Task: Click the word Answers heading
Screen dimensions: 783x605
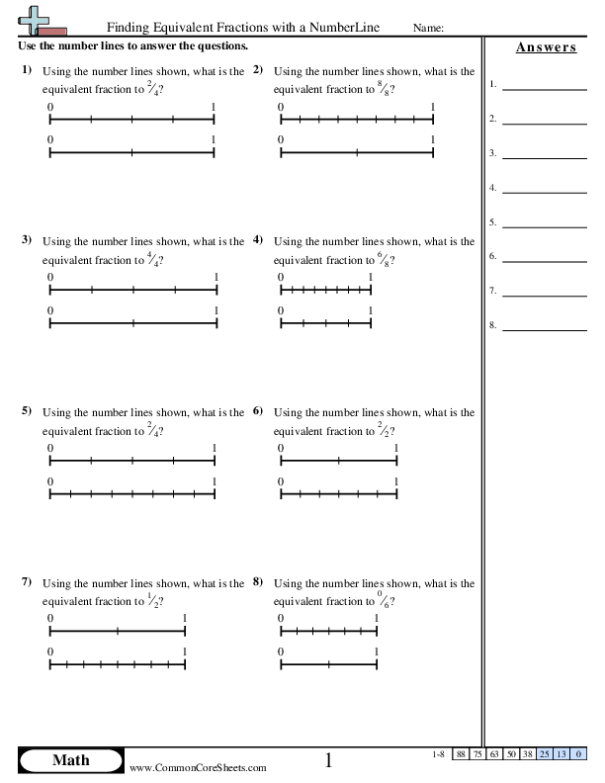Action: click(546, 47)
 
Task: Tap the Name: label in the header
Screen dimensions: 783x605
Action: click(428, 30)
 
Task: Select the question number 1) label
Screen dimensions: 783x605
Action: click(27, 70)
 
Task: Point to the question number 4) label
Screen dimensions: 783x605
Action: click(258, 240)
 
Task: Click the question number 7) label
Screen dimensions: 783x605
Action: click(27, 581)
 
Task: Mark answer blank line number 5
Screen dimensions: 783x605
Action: click(545, 226)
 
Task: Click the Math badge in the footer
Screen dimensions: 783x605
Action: click(69, 760)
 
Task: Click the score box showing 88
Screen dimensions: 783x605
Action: click(461, 755)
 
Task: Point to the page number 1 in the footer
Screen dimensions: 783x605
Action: click(329, 760)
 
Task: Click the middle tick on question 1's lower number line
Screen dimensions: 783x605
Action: click(131, 153)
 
